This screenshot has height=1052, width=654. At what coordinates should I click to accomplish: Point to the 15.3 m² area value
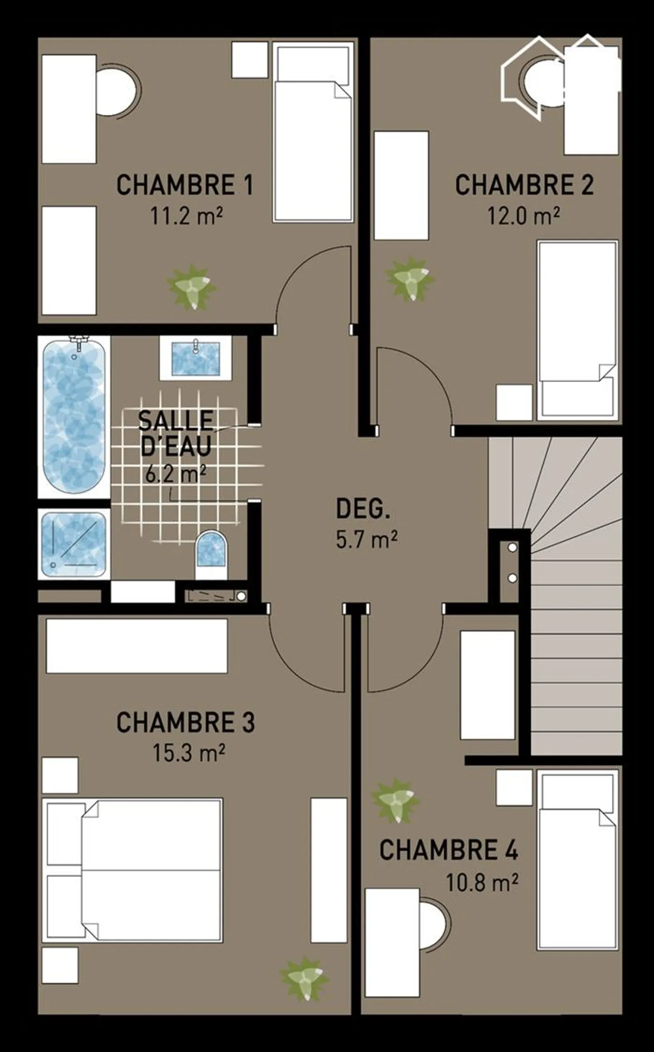pyautogui.click(x=188, y=753)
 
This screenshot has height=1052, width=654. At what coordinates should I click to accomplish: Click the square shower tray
pyautogui.click(x=74, y=544)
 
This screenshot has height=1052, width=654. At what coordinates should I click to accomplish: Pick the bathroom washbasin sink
pyautogui.click(x=196, y=359)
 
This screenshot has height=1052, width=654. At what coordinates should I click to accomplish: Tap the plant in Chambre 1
pyautogui.click(x=192, y=287)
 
